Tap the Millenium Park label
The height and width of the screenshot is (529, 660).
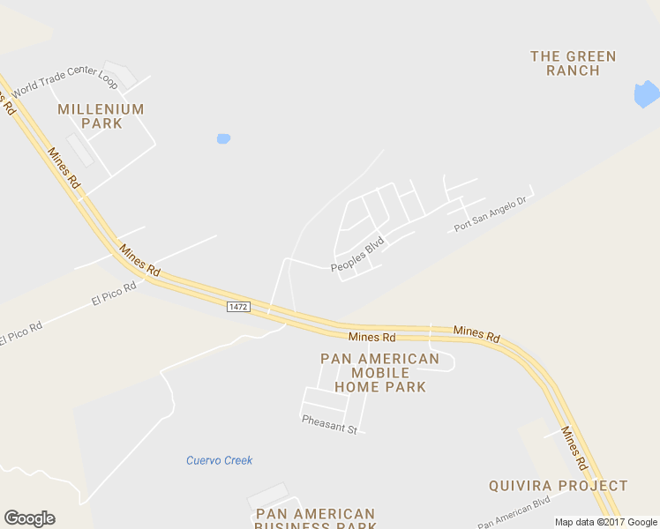(x=101, y=116)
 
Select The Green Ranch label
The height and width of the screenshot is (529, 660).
(x=573, y=63)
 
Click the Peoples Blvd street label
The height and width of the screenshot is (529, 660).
(x=357, y=254)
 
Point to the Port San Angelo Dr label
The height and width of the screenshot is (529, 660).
(x=490, y=214)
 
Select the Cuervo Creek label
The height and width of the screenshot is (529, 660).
(x=219, y=460)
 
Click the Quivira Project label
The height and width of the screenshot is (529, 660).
(x=559, y=486)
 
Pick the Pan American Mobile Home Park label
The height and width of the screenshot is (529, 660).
(x=379, y=373)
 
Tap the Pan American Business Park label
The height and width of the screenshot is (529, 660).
(x=315, y=519)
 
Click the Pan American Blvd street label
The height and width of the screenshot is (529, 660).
(x=514, y=511)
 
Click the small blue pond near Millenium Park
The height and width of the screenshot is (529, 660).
(x=223, y=138)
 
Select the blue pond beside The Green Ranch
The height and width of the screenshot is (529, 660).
(x=646, y=93)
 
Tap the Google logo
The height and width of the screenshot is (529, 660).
(x=29, y=518)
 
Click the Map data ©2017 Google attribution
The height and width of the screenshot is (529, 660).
(x=606, y=522)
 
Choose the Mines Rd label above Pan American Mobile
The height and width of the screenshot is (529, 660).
(x=371, y=337)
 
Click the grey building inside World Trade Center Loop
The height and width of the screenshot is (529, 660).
(x=80, y=150)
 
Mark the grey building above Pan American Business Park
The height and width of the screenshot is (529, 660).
(x=268, y=495)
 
